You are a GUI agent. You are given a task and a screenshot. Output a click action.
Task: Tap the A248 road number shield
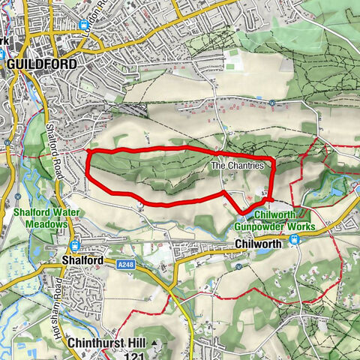125,264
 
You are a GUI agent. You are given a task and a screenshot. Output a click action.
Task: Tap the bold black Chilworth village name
257,244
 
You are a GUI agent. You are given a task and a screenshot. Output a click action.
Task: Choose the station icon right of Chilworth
295,240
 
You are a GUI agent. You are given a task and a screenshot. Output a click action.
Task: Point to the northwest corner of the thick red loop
88,151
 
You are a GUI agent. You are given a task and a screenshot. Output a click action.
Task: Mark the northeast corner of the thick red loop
273,160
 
